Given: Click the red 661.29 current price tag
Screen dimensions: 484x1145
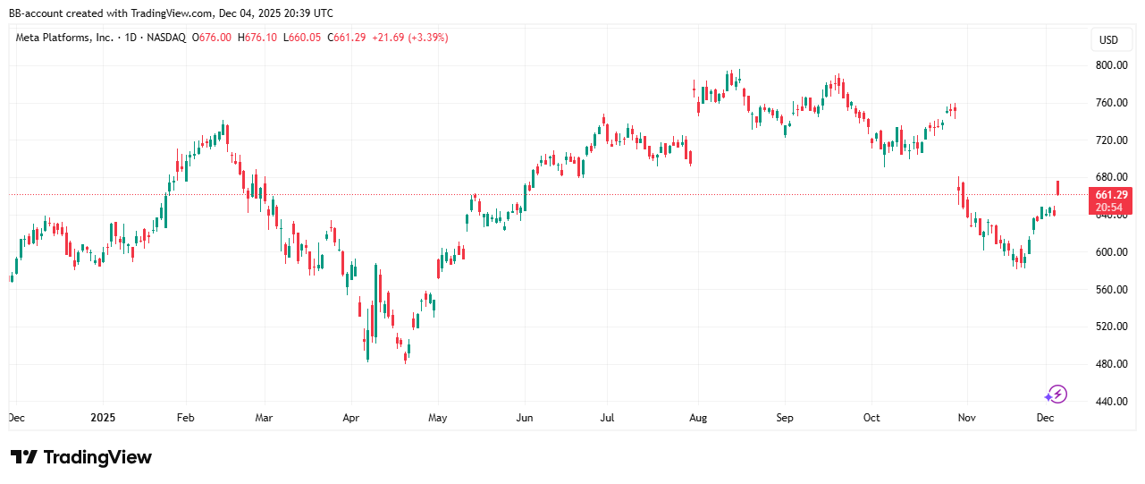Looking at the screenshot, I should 1111,194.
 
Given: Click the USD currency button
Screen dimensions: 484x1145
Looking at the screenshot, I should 1108,39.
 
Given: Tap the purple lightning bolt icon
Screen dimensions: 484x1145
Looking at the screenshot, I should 1057,394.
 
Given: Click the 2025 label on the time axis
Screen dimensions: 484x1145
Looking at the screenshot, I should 103,418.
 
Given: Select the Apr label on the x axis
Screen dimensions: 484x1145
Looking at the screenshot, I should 350,418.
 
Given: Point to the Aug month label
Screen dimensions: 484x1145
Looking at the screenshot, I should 699,418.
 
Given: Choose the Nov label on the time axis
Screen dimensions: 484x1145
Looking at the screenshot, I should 965,418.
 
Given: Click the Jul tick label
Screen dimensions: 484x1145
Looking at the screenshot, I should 607,418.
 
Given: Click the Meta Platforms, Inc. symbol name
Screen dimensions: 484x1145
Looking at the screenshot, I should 65,38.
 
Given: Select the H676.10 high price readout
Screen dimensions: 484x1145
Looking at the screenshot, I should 257,38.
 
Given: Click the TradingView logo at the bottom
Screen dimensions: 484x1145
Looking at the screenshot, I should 81,457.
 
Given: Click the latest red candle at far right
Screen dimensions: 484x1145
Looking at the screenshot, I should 1058,188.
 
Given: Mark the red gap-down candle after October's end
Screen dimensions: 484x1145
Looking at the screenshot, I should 959,190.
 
